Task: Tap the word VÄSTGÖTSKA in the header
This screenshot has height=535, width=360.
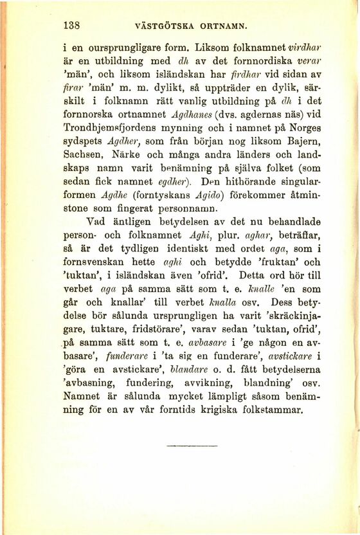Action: tap(163, 28)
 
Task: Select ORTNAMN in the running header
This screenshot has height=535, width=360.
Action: tap(223, 28)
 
